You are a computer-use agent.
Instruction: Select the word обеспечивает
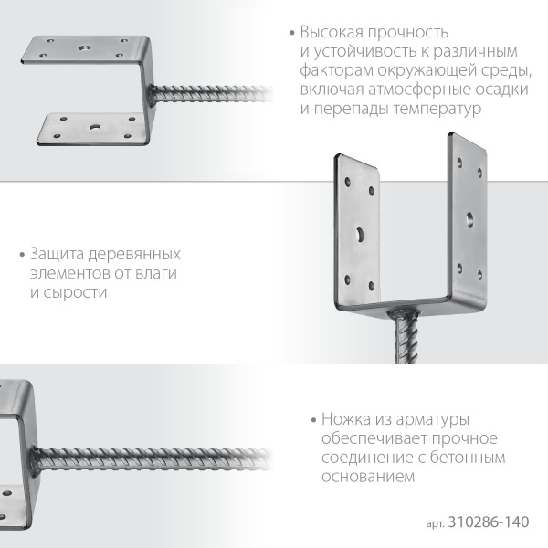[365, 438]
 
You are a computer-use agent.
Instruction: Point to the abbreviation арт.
[436, 523]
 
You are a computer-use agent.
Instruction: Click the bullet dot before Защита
[22, 254]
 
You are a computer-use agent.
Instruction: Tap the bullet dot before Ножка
[312, 420]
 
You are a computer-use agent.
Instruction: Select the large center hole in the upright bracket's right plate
[469, 217]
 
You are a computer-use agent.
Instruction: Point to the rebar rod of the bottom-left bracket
[155, 453]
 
